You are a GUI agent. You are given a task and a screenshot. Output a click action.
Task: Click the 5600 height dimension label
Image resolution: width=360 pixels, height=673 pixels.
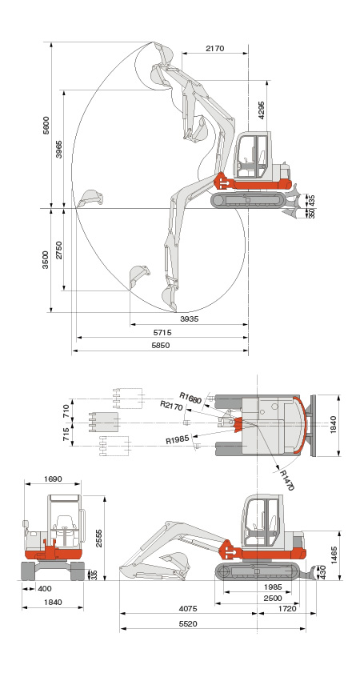pyautogui.click(x=46, y=126)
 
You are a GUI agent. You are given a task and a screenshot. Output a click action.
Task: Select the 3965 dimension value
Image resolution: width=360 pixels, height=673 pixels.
pyautogui.click(x=58, y=149)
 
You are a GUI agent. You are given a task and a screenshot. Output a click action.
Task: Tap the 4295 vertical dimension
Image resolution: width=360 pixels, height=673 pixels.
pyautogui.click(x=262, y=110)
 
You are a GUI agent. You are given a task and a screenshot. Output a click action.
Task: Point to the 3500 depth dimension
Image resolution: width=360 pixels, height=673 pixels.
pyautogui.click(x=46, y=259)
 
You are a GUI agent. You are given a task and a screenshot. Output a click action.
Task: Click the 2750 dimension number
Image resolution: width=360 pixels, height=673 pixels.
pyautogui.click(x=58, y=250)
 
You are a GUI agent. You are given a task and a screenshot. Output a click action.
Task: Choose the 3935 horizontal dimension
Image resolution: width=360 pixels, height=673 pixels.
pyautogui.click(x=190, y=319)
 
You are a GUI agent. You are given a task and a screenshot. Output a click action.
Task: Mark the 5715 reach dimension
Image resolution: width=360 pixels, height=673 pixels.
pyautogui.click(x=162, y=332)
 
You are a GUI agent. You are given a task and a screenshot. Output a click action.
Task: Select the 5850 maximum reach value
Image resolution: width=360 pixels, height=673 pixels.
pyautogui.click(x=161, y=345)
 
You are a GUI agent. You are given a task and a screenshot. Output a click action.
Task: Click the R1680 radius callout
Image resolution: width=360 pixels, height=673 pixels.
pyautogui.click(x=190, y=398)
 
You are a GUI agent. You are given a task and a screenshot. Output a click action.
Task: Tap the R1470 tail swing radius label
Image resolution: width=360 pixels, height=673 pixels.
pyautogui.click(x=287, y=480)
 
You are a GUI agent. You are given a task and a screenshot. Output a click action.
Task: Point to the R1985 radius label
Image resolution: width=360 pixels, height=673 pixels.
pyautogui.click(x=178, y=440)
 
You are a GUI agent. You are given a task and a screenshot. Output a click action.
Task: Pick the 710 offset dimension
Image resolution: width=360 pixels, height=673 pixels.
pyautogui.click(x=66, y=411)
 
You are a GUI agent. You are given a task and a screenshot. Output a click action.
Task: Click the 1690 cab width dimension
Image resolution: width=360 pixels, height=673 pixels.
pyautogui.click(x=53, y=479)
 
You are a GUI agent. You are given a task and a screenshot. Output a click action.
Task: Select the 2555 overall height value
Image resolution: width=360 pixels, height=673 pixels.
pyautogui.click(x=98, y=537)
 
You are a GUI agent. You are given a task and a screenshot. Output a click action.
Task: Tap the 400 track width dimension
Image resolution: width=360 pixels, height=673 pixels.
pyautogui.click(x=45, y=589)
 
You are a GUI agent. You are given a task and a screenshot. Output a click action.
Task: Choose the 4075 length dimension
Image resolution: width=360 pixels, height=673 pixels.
pyautogui.click(x=188, y=608)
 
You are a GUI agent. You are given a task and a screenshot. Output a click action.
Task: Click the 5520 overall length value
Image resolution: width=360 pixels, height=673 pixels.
pyautogui.click(x=188, y=623)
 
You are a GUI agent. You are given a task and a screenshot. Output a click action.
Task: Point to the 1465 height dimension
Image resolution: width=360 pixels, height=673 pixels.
pyautogui.click(x=334, y=555)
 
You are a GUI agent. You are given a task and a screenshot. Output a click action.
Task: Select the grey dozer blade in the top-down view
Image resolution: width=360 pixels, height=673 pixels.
pyautogui.click(x=312, y=426)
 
